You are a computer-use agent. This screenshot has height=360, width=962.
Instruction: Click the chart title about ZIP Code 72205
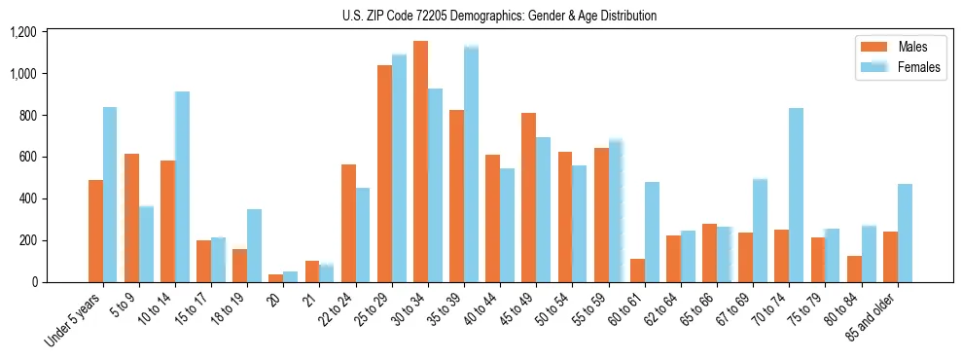(x=499, y=16)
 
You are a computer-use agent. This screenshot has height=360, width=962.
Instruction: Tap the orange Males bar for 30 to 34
(x=420, y=162)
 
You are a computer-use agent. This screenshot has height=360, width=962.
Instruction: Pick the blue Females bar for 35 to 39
(x=471, y=164)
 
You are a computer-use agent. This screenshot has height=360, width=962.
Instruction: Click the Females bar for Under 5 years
(x=110, y=195)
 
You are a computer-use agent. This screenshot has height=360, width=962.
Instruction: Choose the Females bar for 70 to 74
(x=796, y=196)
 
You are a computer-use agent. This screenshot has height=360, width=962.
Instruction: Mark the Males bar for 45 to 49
(x=528, y=198)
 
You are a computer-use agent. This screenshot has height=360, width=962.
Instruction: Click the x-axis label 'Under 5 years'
(x=73, y=321)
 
